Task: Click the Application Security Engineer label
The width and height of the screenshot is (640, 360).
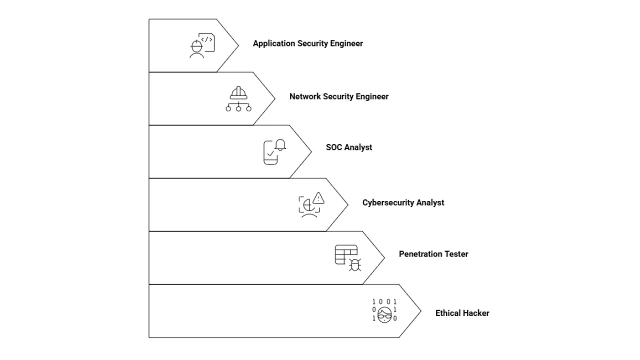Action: pyautogui.click(x=307, y=43)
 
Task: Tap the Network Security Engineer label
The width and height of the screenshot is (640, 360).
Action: pyautogui.click(x=338, y=96)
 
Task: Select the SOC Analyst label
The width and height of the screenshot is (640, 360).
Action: pyautogui.click(x=348, y=147)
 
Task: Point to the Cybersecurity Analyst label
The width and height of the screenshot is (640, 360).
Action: pyautogui.click(x=403, y=202)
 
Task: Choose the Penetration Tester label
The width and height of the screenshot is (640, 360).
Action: pyautogui.click(x=433, y=254)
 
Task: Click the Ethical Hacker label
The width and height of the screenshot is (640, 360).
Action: pyautogui.click(x=462, y=313)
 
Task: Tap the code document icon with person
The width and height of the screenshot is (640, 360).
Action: pyautogui.click(x=202, y=45)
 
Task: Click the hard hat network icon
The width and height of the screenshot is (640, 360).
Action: pyautogui.click(x=238, y=98)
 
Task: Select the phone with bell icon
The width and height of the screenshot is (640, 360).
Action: pyautogui.click(x=274, y=151)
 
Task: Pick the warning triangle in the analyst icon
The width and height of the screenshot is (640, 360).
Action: pyautogui.click(x=318, y=198)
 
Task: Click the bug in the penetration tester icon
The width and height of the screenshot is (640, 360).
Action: pyautogui.click(x=354, y=265)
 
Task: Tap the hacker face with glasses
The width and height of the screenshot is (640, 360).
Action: pyautogui.click(x=384, y=314)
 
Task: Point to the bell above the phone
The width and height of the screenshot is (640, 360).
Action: pyautogui.click(x=280, y=144)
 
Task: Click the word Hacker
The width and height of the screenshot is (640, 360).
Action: pyautogui.click(x=476, y=313)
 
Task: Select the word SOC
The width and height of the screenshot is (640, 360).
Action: pyautogui.click(x=334, y=147)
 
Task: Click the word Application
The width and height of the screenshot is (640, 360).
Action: pyautogui.click(x=274, y=43)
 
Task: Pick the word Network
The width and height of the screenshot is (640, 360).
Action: pyautogui.click(x=305, y=96)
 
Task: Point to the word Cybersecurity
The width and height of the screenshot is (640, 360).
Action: pyautogui.click(x=388, y=202)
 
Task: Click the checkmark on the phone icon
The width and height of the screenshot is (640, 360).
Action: pyautogui.click(x=270, y=154)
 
